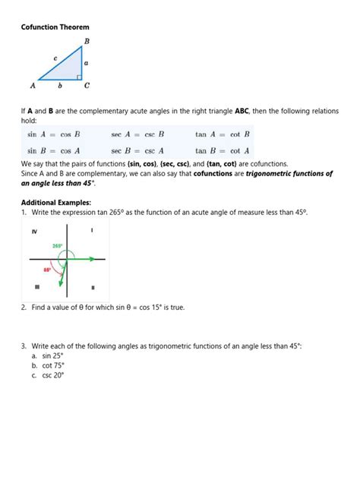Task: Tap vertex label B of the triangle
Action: coord(87,41)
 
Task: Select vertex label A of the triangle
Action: coord(33,85)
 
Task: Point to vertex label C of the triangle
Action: coord(87,85)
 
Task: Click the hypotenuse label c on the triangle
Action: coord(55,57)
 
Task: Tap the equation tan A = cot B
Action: coord(223,135)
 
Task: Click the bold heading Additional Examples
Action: coord(56,203)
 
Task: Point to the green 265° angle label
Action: coord(58,246)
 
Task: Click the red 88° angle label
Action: coord(47,270)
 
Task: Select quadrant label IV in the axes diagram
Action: coord(34,231)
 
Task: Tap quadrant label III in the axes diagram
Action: coord(36,287)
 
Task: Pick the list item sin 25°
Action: coord(52,355)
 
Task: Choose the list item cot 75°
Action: coord(52,365)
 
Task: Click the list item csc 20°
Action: coord(52,375)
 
